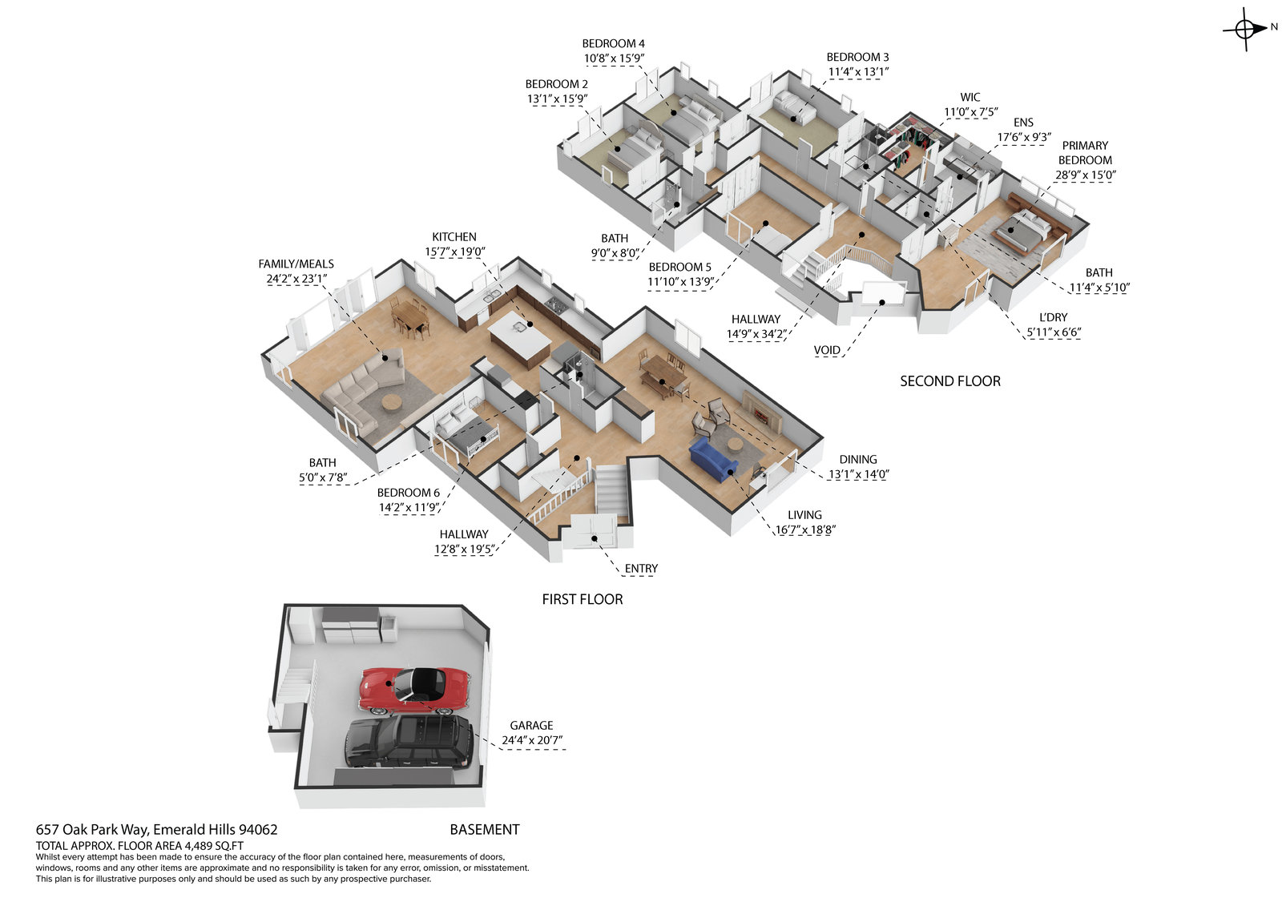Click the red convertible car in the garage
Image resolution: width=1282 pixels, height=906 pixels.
click(x=413, y=690)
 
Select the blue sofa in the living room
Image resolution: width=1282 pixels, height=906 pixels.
click(x=712, y=459)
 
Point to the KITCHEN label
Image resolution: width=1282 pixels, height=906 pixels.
click(x=454, y=237)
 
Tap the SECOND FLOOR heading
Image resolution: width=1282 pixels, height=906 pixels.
click(x=949, y=381)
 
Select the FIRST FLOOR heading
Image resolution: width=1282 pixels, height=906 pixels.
click(x=582, y=599)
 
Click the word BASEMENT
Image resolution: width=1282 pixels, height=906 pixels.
click(x=484, y=830)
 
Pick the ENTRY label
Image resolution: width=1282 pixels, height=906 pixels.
click(x=641, y=569)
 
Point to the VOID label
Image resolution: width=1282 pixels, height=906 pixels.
click(x=827, y=350)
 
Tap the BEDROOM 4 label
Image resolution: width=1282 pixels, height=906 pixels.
click(x=613, y=43)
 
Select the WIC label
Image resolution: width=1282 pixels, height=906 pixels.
click(x=970, y=98)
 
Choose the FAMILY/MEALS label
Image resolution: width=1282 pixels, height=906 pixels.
click(x=296, y=264)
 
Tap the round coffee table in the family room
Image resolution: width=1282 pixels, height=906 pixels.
click(x=392, y=402)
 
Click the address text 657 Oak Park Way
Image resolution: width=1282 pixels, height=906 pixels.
click(x=92, y=830)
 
